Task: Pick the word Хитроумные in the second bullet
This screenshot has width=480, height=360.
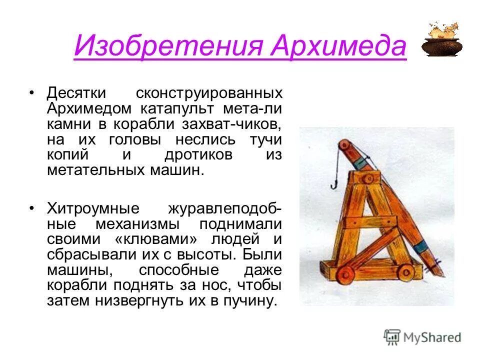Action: [x=93, y=208]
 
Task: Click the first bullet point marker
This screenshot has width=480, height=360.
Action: [x=32, y=93]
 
